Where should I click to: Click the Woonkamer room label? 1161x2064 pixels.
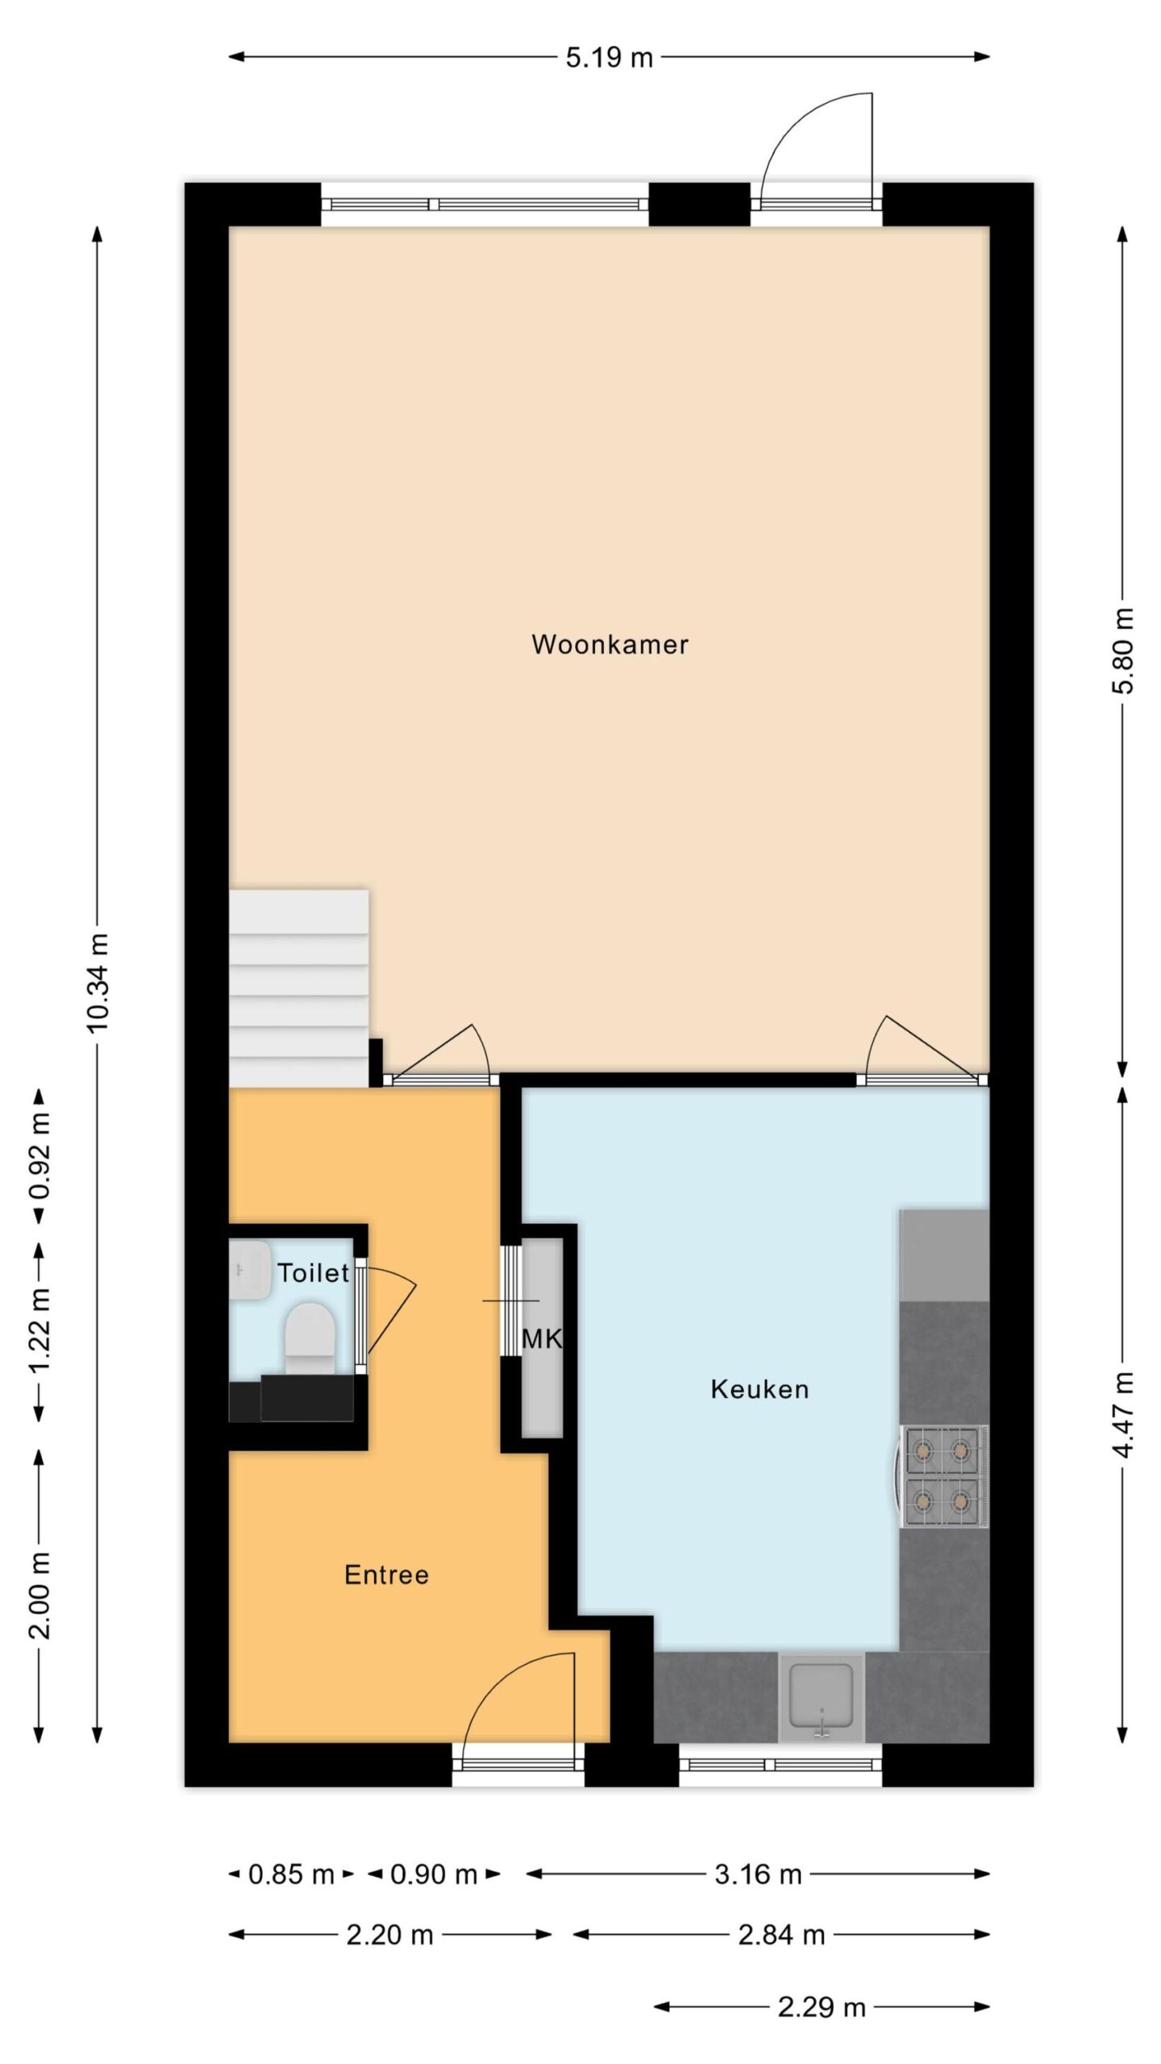(x=610, y=644)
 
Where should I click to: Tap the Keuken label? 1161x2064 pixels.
(x=759, y=1388)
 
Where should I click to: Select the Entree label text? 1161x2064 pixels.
(x=386, y=1574)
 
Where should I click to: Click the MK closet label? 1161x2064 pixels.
(x=541, y=1338)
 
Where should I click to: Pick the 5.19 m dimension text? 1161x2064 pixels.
(x=609, y=58)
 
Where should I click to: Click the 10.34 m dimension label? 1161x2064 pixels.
(x=98, y=982)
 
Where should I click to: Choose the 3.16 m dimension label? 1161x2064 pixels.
(x=758, y=1875)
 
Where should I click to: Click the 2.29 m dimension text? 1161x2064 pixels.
(x=822, y=2008)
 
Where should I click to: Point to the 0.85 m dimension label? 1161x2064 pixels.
(x=291, y=1875)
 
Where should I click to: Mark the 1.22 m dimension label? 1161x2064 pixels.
(x=40, y=1330)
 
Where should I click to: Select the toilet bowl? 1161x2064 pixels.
(x=310, y=1341)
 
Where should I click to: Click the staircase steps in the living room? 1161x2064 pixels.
(x=299, y=988)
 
